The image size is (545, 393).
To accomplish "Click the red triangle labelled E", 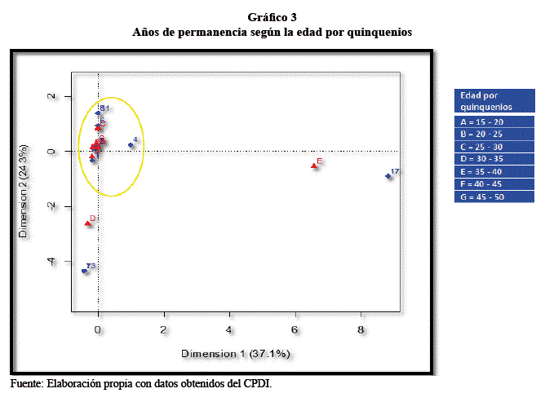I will pos(314,166).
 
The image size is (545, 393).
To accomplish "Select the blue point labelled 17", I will pos(388,176).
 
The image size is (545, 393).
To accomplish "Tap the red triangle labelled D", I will pos(87,223).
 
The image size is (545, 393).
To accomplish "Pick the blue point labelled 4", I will pos(131,145).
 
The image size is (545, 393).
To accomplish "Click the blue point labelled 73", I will pos(84,271).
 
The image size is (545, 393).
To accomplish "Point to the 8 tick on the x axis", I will pos(361,329).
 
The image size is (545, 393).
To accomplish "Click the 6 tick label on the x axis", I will pos(295,329).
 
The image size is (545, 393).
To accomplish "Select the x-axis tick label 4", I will pos(229,329).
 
